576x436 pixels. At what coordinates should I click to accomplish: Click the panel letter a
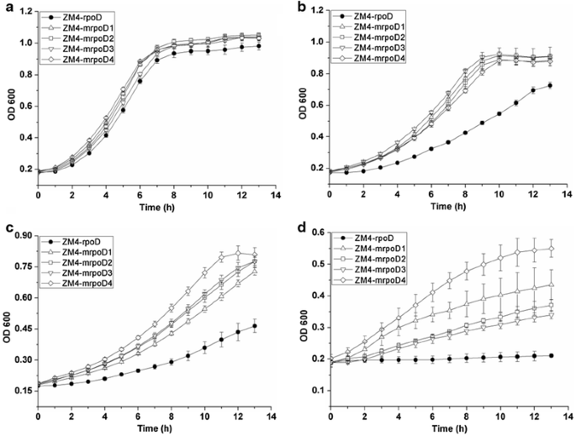pos(7,7)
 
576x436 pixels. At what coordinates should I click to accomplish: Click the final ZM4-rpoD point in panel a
pos(258,46)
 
